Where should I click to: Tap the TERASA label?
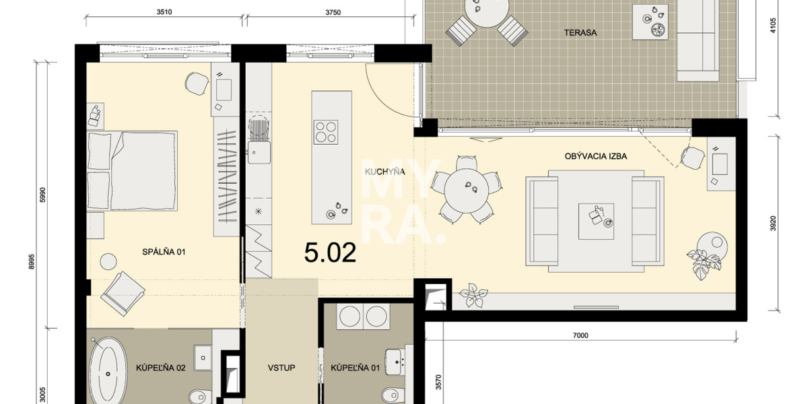(581, 32)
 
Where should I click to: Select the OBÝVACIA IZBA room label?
(596, 156)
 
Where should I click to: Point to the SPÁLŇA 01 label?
(163, 252)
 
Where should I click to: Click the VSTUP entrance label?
(281, 368)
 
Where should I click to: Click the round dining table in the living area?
(467, 189)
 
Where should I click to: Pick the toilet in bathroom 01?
(393, 394)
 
